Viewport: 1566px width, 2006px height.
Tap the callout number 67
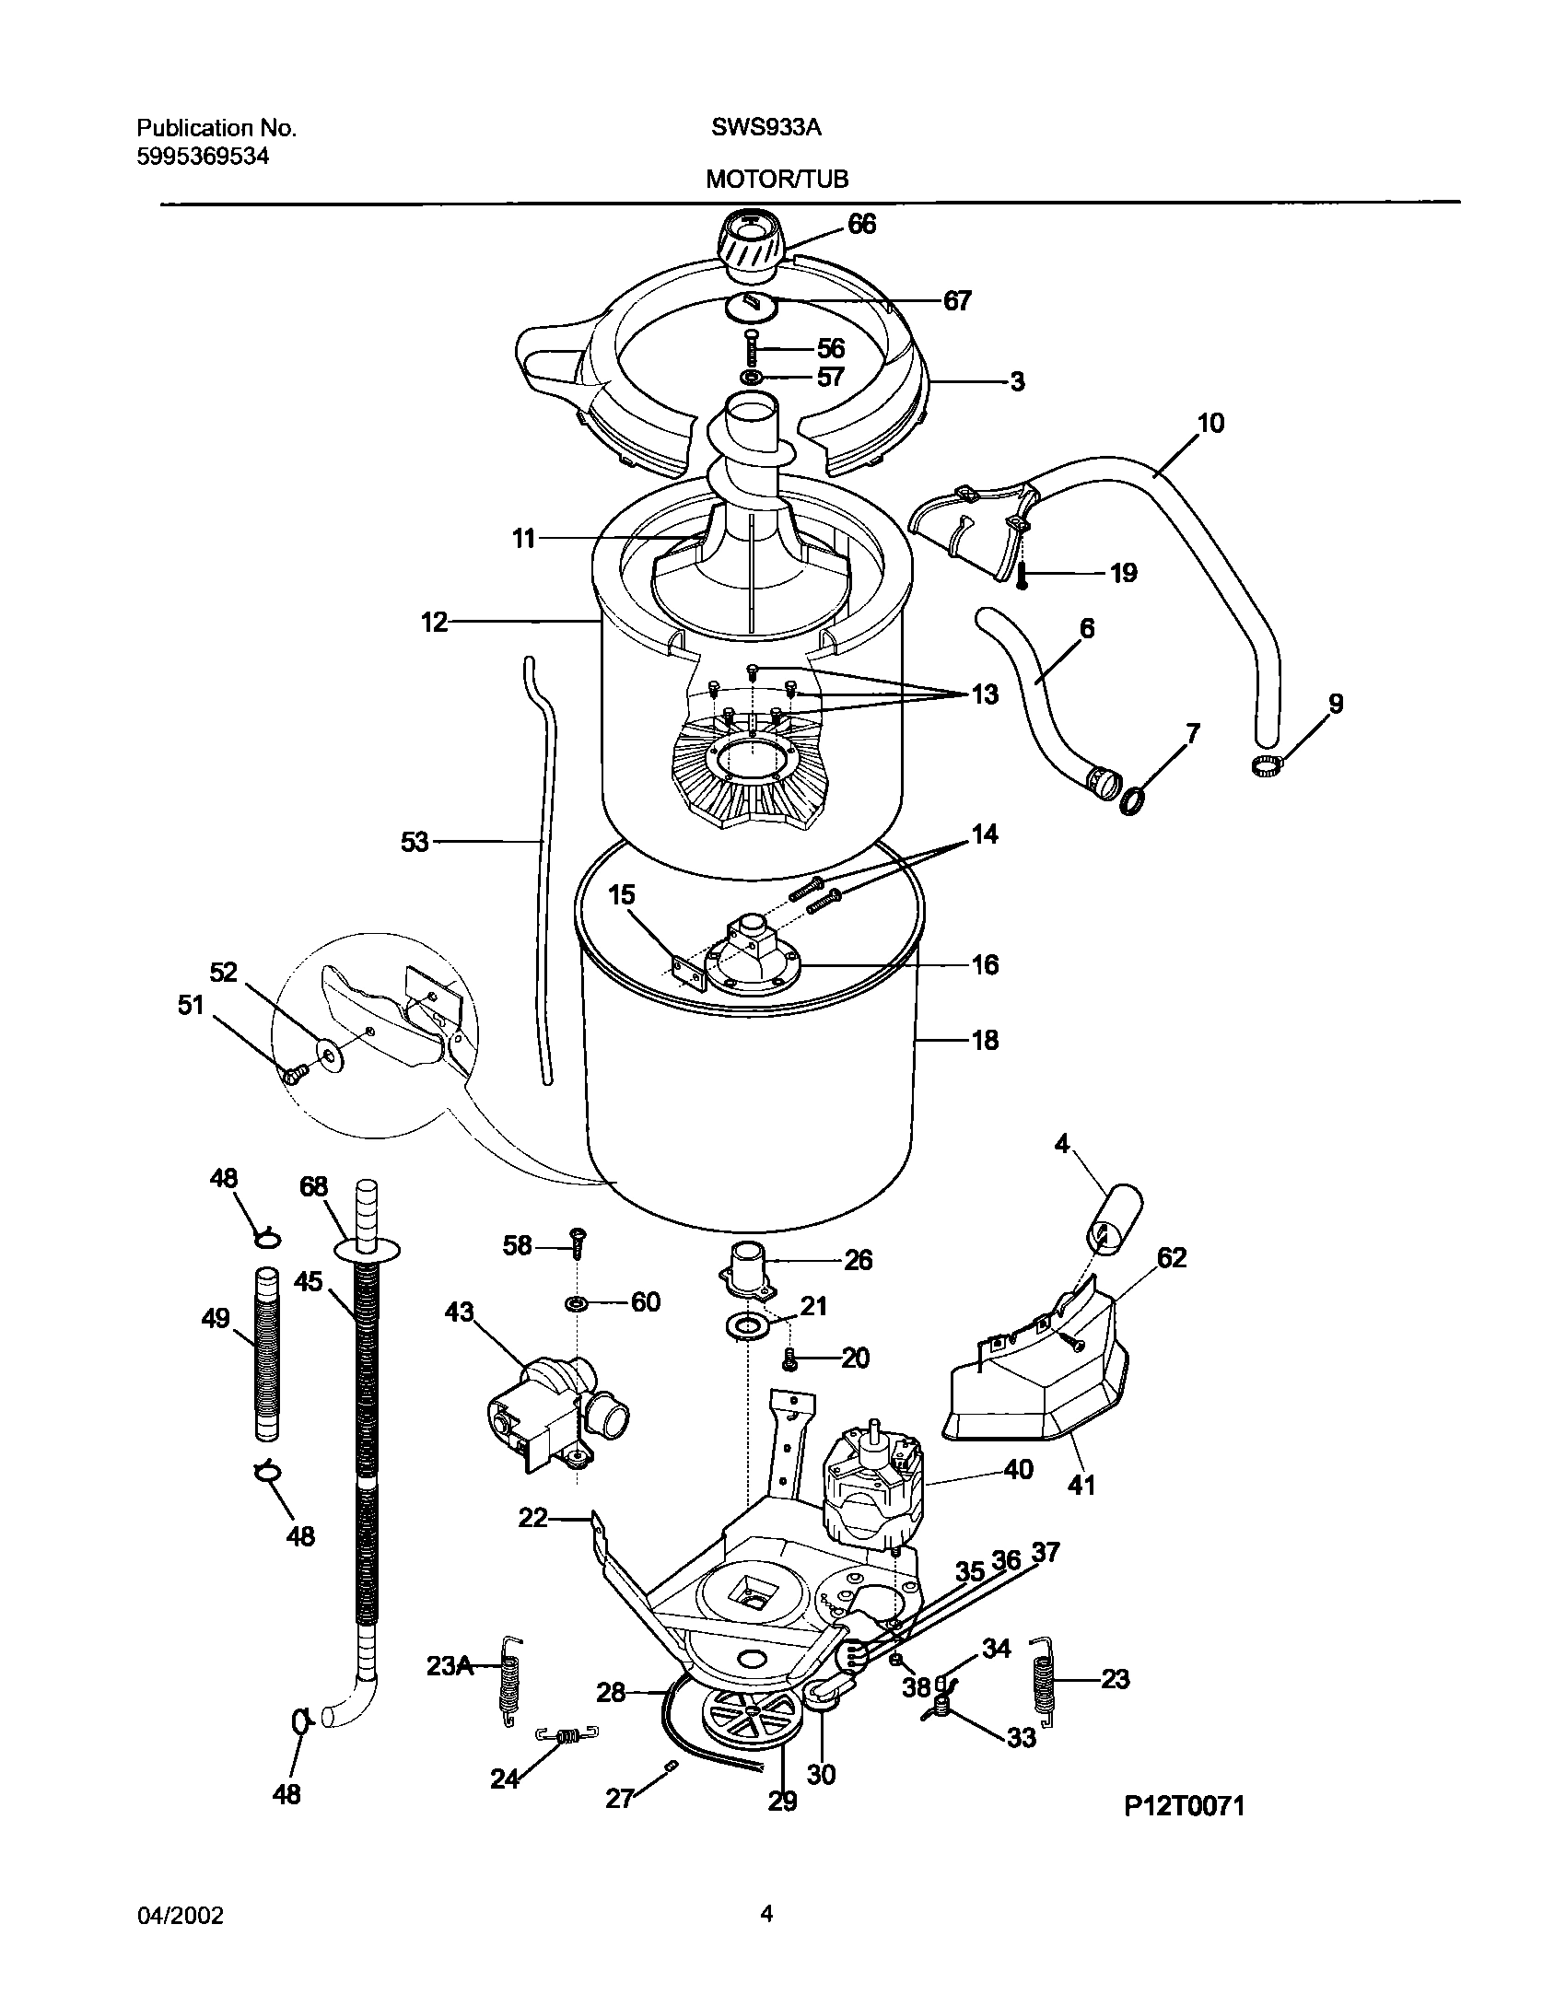point(957,301)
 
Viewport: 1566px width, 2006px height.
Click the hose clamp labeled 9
point(1268,763)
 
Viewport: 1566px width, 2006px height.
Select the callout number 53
point(415,841)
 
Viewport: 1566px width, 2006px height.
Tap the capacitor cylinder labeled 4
point(1116,1221)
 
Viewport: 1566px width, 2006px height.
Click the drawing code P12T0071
point(1184,1832)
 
